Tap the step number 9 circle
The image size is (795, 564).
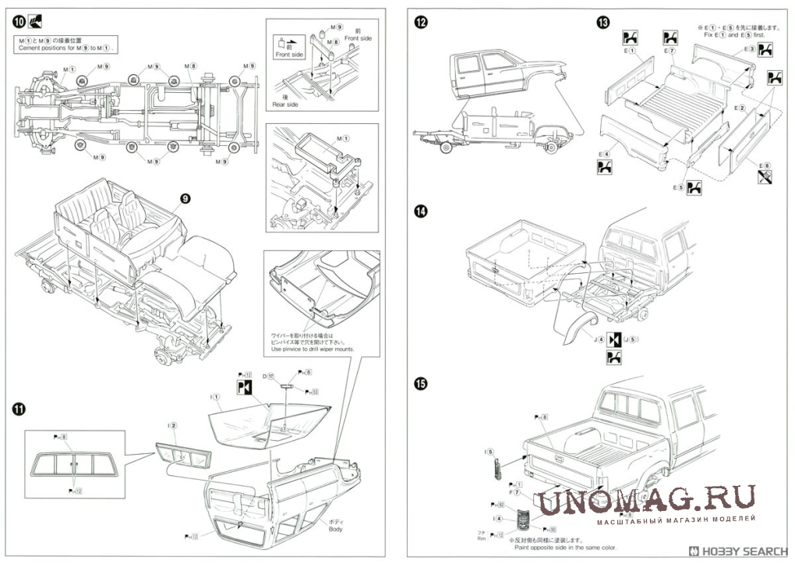point(185,199)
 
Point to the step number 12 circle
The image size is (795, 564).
point(421,22)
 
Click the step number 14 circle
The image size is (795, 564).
point(421,211)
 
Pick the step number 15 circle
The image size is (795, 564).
point(421,383)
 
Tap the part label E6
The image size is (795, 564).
point(765,165)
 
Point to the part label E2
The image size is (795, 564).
point(741,108)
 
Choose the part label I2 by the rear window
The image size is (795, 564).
point(172,425)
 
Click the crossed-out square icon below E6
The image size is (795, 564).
point(765,179)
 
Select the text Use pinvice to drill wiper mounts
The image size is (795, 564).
point(312,349)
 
